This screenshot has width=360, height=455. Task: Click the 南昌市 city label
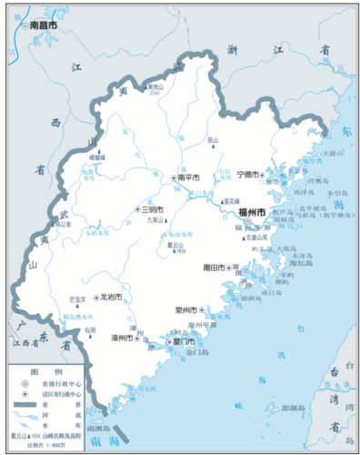tap(44, 26)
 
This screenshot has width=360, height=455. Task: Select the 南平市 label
tap(188, 177)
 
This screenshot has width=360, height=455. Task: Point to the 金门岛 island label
tap(197, 350)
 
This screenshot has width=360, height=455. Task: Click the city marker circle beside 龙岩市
tap(96, 298)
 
